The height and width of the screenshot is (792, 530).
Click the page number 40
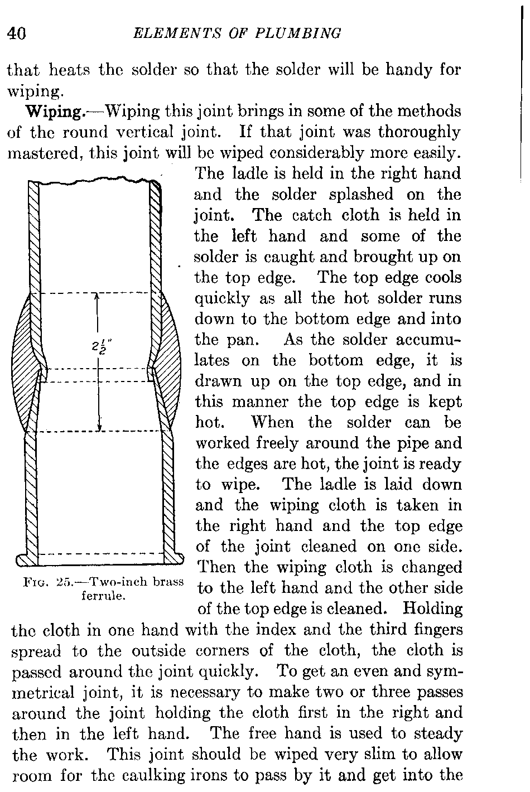pos(17,34)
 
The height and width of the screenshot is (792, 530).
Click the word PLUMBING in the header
pos(298,33)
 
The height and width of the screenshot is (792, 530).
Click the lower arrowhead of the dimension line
pos(99,427)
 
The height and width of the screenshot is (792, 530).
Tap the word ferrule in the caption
pos(104,596)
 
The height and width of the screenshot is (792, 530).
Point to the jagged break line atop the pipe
pos(94,181)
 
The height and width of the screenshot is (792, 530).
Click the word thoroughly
pos(420,133)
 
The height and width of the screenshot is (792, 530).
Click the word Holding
pos(433,609)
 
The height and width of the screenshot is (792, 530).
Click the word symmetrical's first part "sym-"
pos(445,672)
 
